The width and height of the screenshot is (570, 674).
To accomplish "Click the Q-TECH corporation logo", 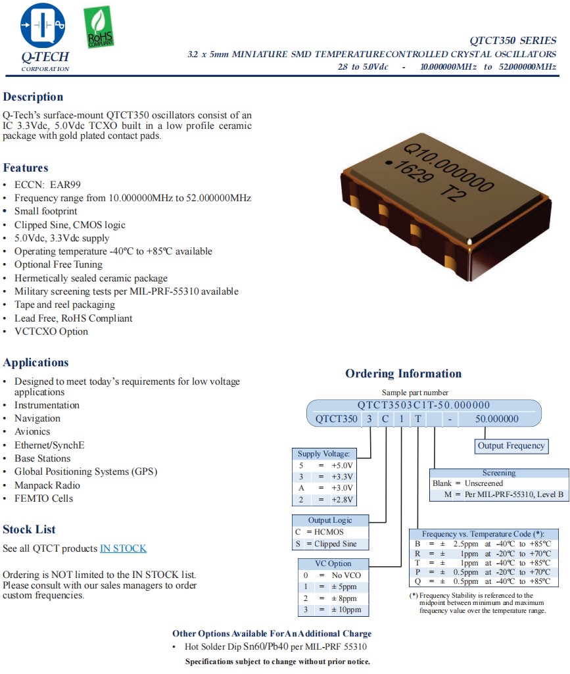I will (44, 37).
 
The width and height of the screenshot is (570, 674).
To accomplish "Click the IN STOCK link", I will (123, 548).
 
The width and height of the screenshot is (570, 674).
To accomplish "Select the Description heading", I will (33, 97).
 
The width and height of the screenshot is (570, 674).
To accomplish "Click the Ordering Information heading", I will (403, 373).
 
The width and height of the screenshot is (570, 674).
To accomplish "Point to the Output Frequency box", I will (511, 446).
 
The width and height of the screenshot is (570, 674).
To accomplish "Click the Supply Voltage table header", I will (324, 454).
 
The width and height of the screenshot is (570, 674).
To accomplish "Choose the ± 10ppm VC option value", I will (343, 610).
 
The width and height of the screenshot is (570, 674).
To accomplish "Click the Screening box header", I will (499, 473).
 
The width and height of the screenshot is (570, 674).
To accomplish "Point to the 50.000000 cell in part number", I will (496, 419).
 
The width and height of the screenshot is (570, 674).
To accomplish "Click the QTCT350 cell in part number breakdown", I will (336, 419).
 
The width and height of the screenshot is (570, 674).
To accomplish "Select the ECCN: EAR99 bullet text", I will (47, 185).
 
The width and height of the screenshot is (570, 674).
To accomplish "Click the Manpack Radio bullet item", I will (47, 485).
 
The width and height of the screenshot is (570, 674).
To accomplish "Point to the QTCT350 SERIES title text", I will (513, 41).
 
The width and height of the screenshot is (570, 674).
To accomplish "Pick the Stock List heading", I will (29, 529).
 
